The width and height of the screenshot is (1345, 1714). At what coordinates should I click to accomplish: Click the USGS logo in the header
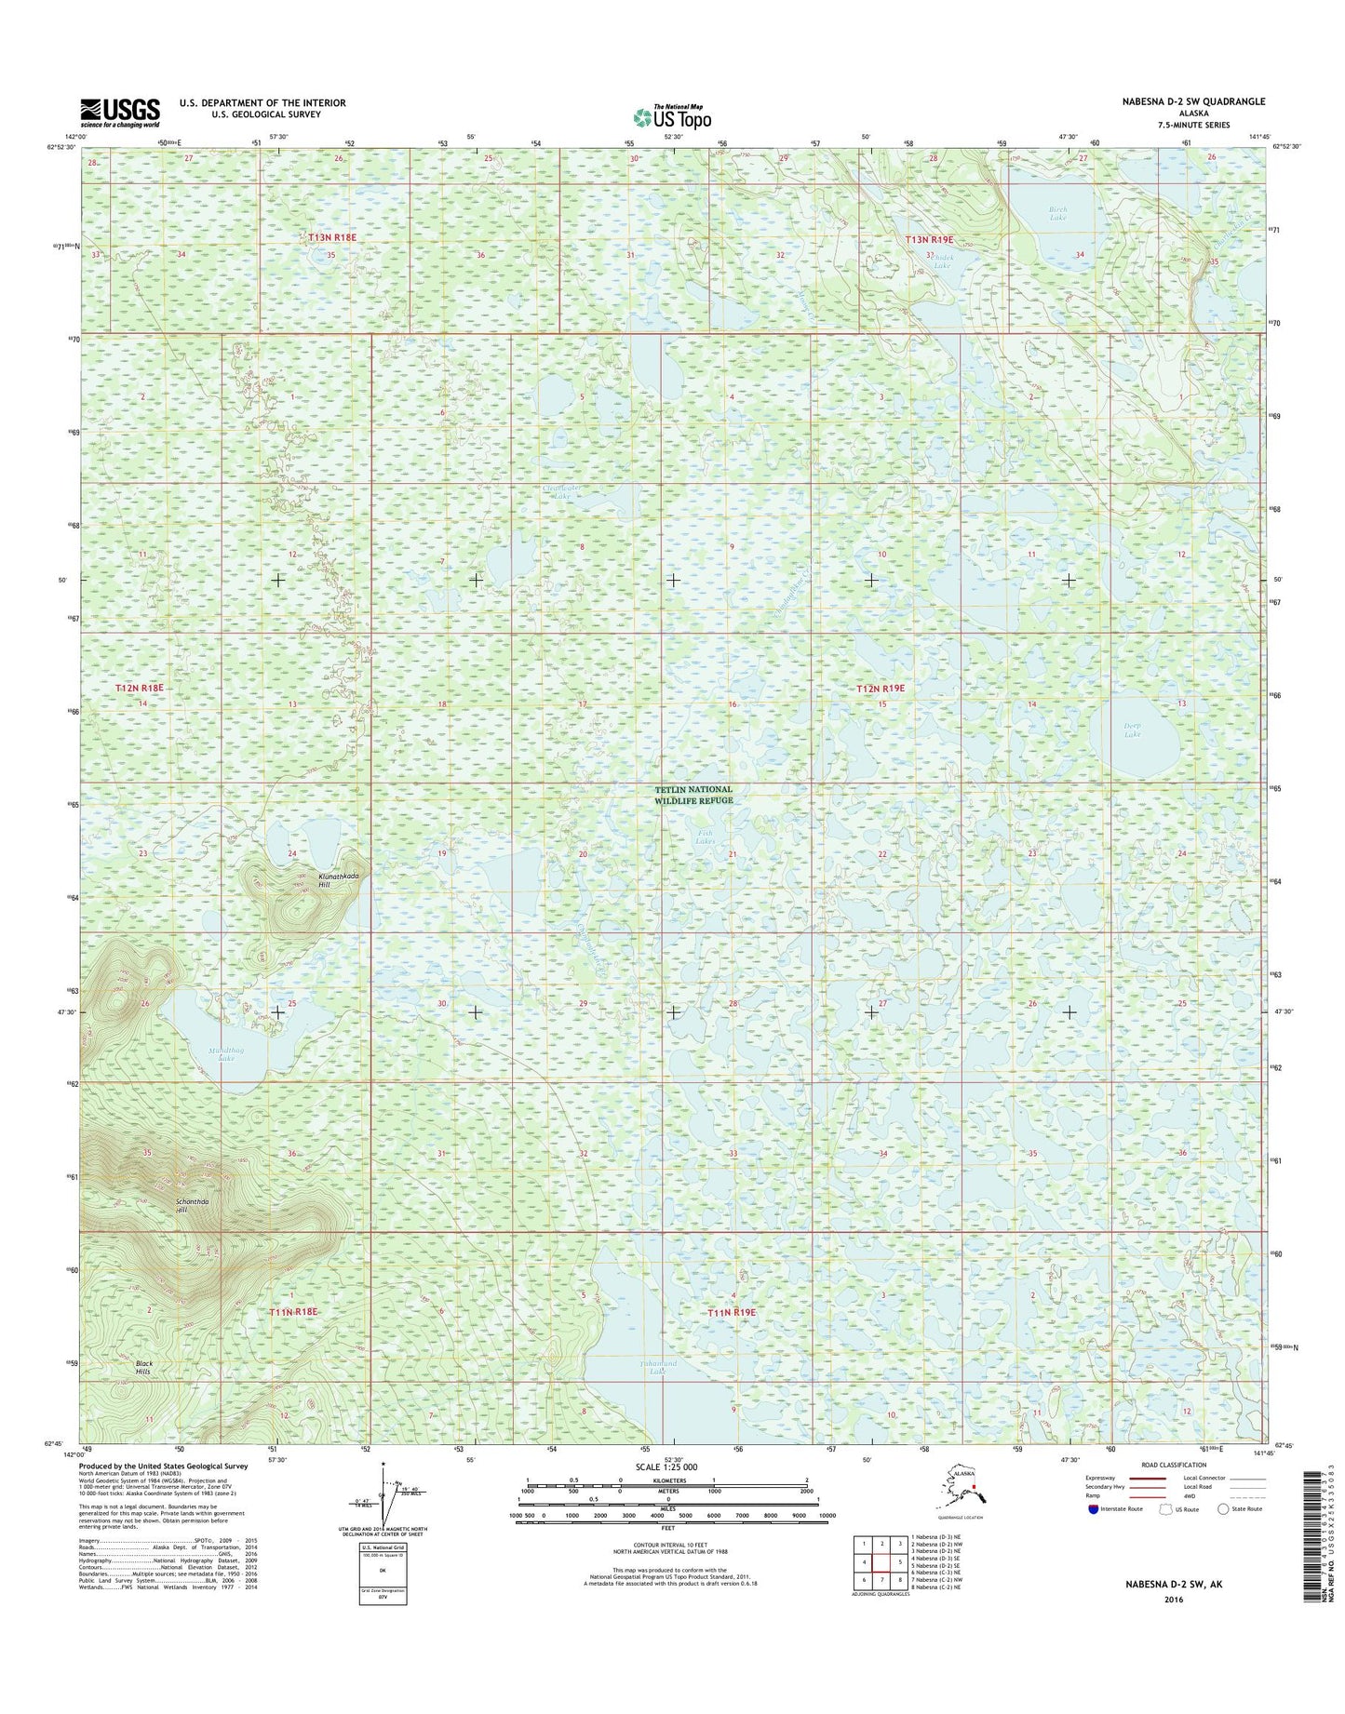(119, 113)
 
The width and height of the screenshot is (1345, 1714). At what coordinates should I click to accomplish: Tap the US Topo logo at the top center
(672, 116)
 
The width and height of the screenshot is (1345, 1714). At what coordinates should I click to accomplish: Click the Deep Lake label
(1132, 730)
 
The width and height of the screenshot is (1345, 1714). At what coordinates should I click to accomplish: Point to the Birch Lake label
(1057, 213)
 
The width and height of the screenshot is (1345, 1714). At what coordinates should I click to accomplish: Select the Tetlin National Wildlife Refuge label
(693, 795)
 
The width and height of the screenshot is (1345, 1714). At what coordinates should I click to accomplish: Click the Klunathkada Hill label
(338, 880)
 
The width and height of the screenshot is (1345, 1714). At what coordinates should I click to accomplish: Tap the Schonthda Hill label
(192, 1205)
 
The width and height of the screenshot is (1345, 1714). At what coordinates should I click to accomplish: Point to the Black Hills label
(142, 1367)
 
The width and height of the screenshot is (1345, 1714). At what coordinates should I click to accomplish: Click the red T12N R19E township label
(880, 689)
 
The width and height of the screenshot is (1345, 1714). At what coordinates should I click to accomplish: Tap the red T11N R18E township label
(294, 1311)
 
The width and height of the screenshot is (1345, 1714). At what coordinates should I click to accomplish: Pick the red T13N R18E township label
(332, 237)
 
